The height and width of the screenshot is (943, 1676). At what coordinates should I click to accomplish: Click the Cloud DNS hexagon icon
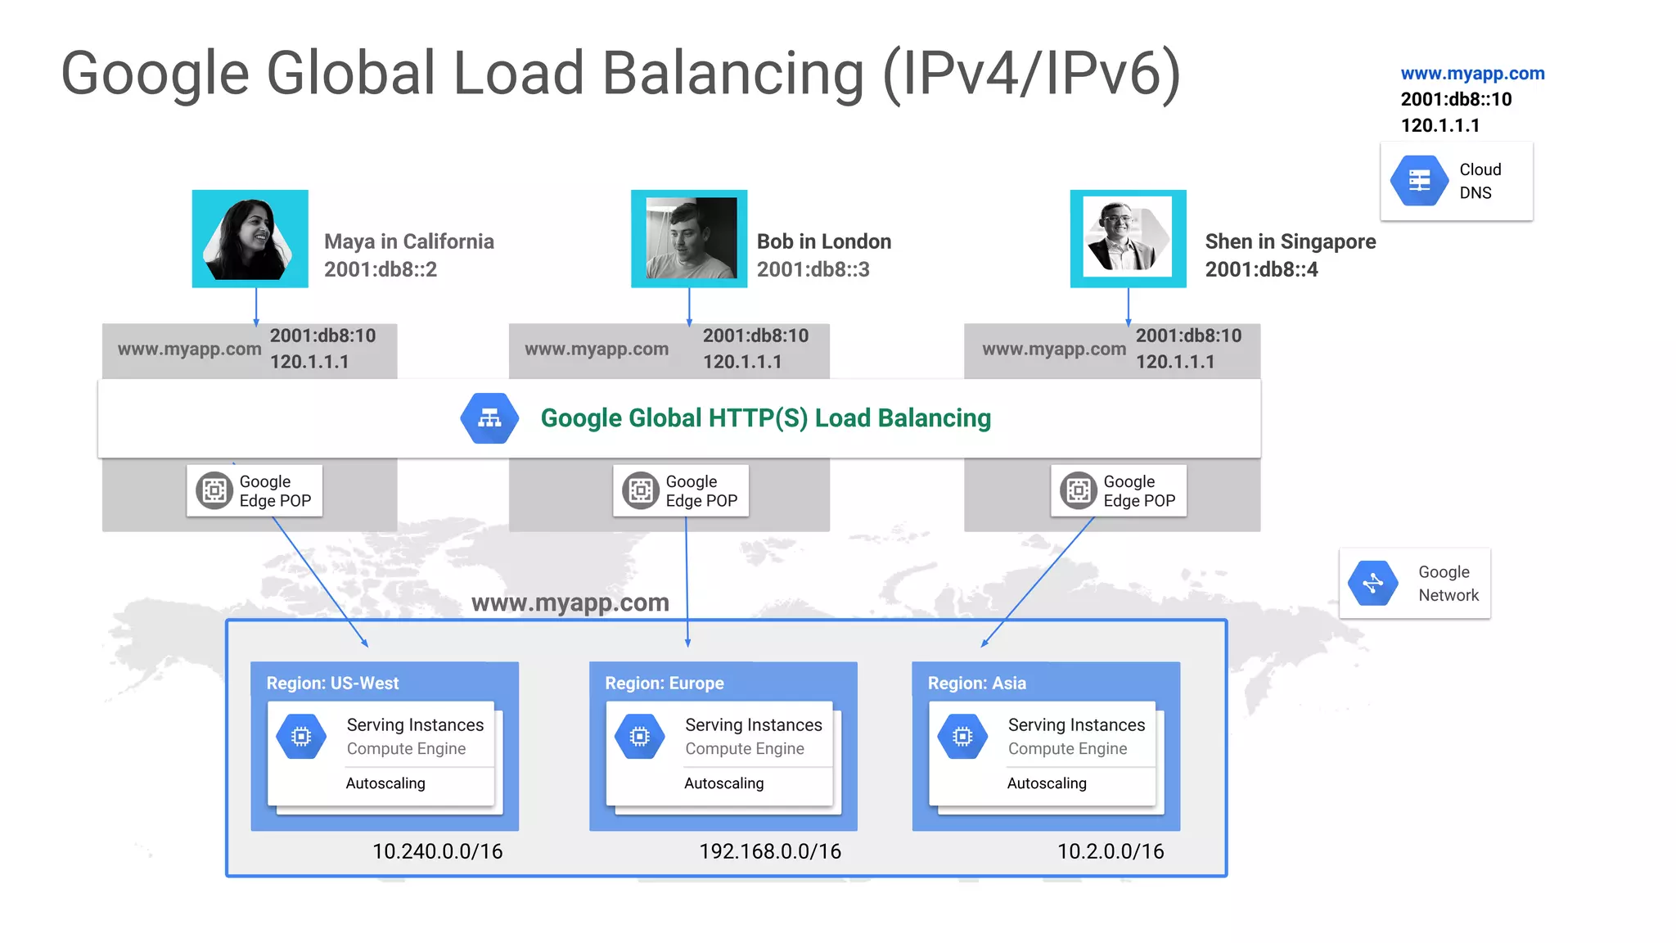1419,181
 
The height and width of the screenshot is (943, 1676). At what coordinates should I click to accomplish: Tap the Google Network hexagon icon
1373,584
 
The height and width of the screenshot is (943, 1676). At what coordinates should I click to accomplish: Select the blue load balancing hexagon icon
489,418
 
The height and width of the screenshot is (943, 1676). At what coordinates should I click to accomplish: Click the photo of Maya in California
250,239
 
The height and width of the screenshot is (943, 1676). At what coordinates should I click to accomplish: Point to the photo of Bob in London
689,239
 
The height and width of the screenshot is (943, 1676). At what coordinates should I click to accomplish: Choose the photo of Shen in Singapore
1128,239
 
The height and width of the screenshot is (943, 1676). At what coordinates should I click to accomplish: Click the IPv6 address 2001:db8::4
1261,269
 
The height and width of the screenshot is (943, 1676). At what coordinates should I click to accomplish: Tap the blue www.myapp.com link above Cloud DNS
1472,74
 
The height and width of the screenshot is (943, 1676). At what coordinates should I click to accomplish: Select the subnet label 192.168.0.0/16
770,851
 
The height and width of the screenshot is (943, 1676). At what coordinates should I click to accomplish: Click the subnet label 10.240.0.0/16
437,851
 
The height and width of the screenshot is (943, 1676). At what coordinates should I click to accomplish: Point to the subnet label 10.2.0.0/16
1111,851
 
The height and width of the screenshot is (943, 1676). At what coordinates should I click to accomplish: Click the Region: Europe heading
665,684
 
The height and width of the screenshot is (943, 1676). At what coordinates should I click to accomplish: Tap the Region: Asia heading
976,684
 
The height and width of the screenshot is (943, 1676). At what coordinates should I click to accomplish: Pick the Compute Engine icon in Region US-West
301,737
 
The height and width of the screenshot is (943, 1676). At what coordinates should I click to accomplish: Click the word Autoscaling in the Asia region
1047,783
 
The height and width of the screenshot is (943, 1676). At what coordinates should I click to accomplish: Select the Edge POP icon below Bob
641,490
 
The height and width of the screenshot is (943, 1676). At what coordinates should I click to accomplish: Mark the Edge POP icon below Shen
1079,490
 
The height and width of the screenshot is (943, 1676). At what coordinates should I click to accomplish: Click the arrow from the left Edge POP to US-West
320,582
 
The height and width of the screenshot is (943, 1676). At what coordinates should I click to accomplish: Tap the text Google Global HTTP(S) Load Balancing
765,418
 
